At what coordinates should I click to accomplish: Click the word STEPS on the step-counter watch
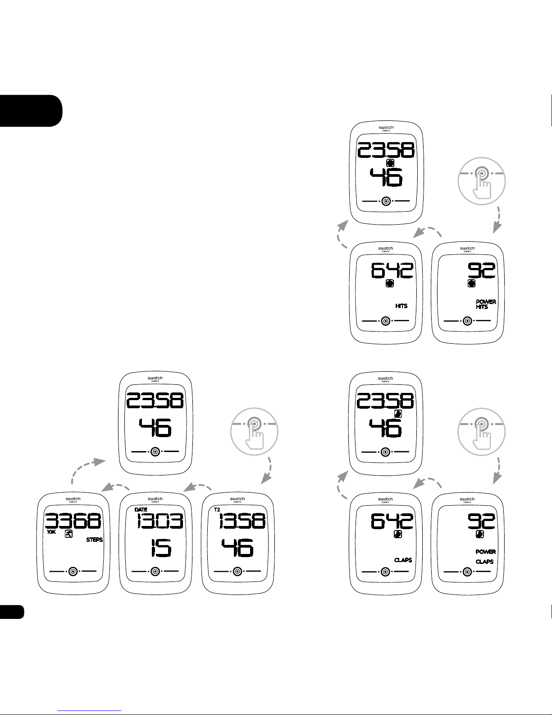click(x=95, y=540)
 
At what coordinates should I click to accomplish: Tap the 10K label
click(x=51, y=532)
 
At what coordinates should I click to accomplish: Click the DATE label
click(x=141, y=509)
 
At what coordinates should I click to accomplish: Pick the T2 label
click(x=217, y=509)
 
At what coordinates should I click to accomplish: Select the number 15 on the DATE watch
click(x=161, y=548)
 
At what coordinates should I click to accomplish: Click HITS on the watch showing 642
click(x=401, y=306)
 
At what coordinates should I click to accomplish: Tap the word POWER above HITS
click(x=486, y=302)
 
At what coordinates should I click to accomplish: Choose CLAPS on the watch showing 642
click(x=403, y=560)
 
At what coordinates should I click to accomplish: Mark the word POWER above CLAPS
click(x=486, y=552)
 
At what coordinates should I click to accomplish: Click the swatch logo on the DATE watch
click(x=155, y=499)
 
